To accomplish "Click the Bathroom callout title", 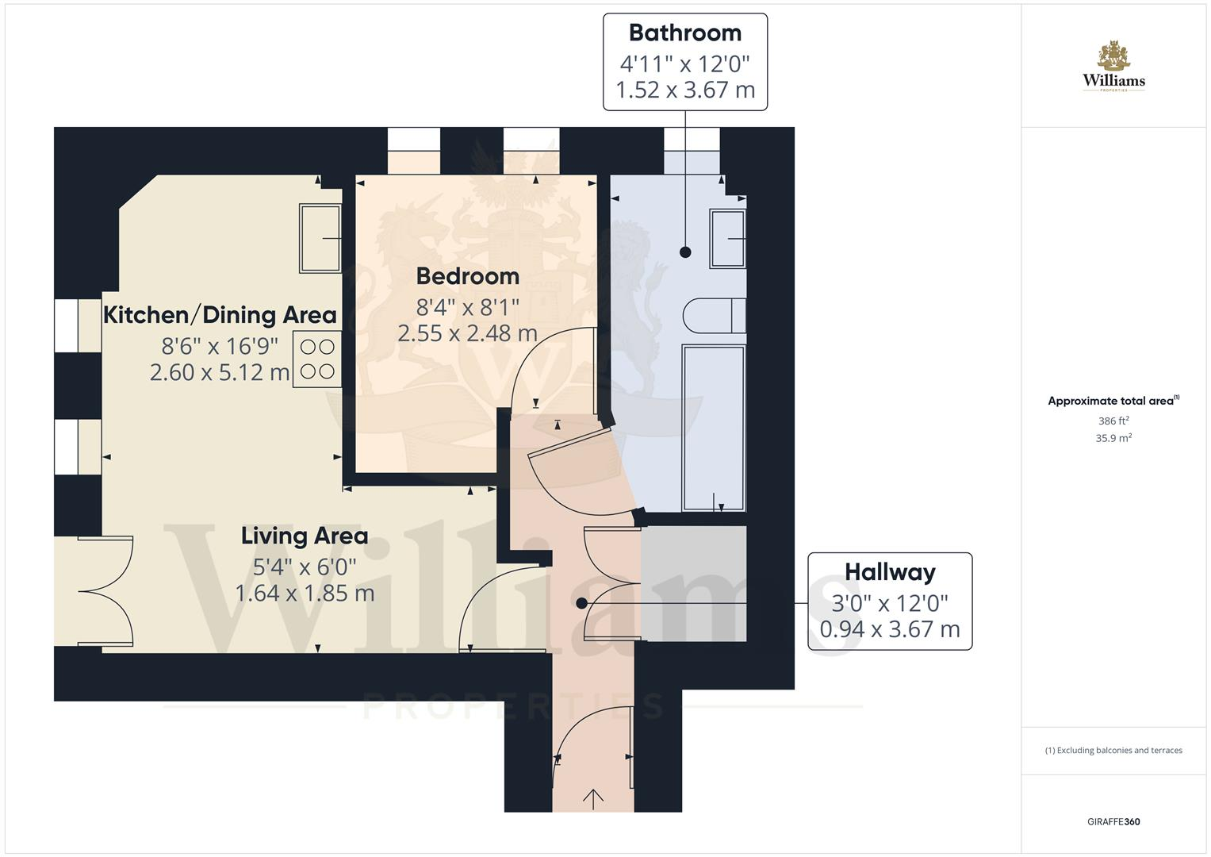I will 684,33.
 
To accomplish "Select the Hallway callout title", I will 889,572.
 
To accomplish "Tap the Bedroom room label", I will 467,276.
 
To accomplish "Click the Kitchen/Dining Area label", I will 220,315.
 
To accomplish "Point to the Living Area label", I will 305,536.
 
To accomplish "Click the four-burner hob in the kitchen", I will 317,359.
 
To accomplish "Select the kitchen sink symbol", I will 320,238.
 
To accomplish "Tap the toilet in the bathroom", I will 713,315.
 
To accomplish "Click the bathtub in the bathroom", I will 713,428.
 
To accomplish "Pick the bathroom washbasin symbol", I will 727,238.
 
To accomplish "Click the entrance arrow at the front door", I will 593,797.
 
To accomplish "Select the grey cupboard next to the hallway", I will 693,583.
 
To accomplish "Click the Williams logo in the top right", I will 1113,67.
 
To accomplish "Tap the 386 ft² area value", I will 1113,421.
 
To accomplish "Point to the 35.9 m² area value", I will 1113,438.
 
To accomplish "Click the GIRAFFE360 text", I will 1113,821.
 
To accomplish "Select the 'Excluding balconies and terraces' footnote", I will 1113,750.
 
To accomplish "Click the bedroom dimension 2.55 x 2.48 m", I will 467,334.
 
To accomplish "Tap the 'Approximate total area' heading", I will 1112,401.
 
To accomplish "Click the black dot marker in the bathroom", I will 685,252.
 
